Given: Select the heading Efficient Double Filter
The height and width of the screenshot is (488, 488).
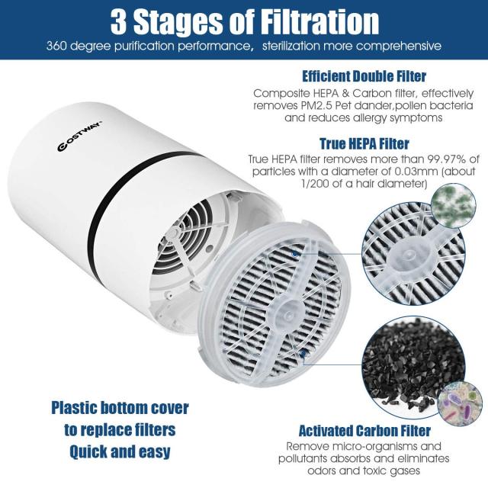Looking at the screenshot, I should click(x=364, y=77).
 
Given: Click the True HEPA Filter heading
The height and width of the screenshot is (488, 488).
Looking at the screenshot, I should click(x=365, y=143).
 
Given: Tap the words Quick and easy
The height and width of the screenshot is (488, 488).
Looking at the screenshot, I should click(x=120, y=451).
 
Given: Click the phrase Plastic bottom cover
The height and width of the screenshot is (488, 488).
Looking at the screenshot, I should click(x=120, y=407).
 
